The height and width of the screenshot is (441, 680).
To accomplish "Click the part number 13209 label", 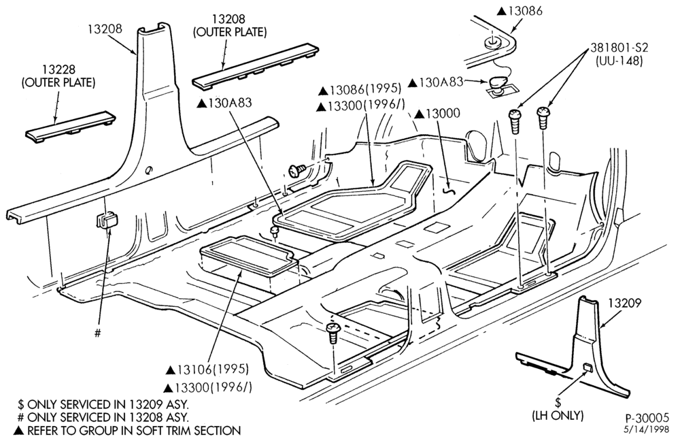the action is tap(624, 303).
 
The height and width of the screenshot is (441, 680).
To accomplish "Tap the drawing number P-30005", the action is tap(647, 418).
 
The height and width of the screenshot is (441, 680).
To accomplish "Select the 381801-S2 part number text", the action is tap(618, 48).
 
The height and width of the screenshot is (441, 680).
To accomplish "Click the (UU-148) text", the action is tap(618, 61).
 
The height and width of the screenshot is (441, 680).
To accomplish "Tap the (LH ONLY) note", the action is tap(558, 415).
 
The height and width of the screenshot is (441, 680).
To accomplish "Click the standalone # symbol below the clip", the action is tap(98, 333).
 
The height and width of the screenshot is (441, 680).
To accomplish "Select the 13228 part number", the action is tap(58, 69).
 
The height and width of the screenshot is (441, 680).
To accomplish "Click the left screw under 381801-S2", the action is tap(514, 121).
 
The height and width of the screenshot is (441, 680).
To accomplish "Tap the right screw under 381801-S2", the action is tap(543, 117).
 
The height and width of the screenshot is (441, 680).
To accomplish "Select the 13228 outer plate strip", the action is tap(70, 127).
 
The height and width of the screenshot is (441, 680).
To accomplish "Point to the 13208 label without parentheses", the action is tap(105, 29).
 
